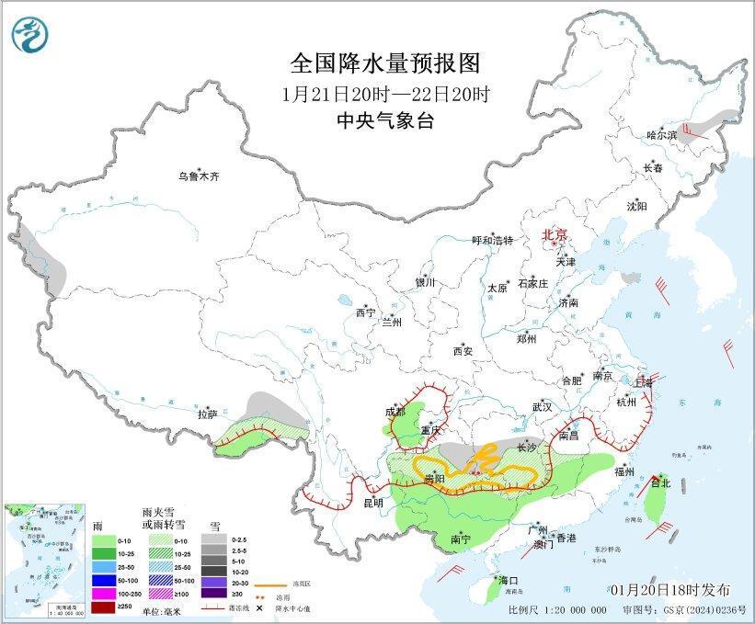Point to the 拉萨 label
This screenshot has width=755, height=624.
[207, 414]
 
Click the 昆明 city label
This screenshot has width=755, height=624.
[372, 503]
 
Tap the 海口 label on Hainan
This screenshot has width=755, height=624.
[508, 581]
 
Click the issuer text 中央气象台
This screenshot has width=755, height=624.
[385, 120]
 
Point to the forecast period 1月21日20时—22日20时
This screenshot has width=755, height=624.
[385, 93]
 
